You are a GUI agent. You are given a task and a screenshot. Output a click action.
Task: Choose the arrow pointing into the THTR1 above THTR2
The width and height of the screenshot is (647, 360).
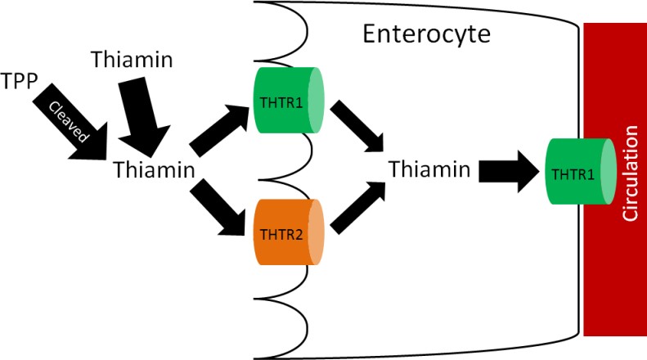(218, 129)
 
